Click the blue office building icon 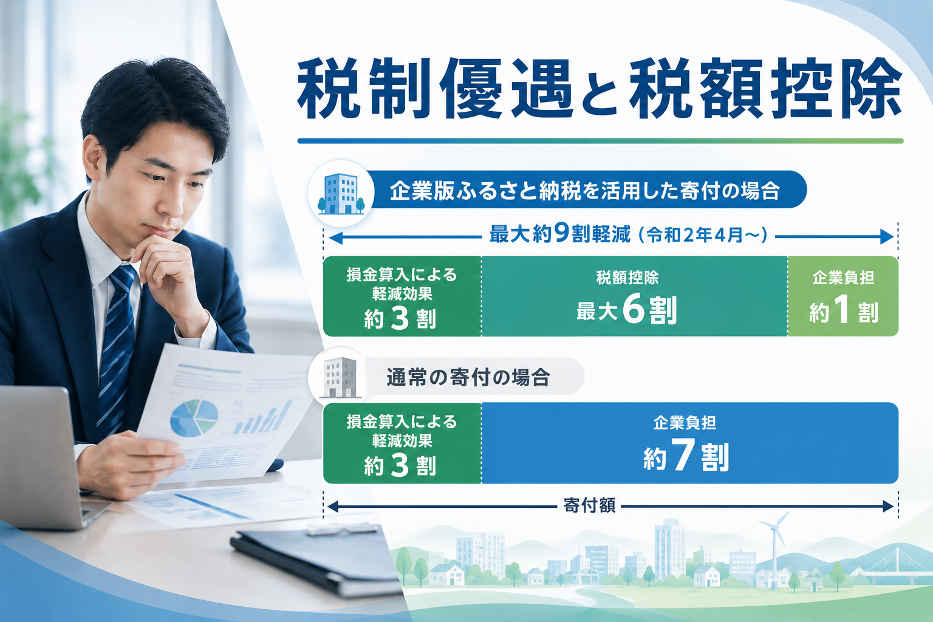tap(341, 194)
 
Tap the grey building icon tap(340, 377)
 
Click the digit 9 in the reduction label tap(562, 234)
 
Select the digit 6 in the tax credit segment tap(633, 310)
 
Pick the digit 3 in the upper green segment tap(400, 319)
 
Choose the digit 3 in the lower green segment tap(400, 465)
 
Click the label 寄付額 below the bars tap(589, 505)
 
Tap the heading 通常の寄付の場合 tap(468, 377)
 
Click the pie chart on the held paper tap(194, 418)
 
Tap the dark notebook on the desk tap(316, 558)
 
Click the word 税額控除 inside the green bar tap(627, 278)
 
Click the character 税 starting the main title tap(329, 88)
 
